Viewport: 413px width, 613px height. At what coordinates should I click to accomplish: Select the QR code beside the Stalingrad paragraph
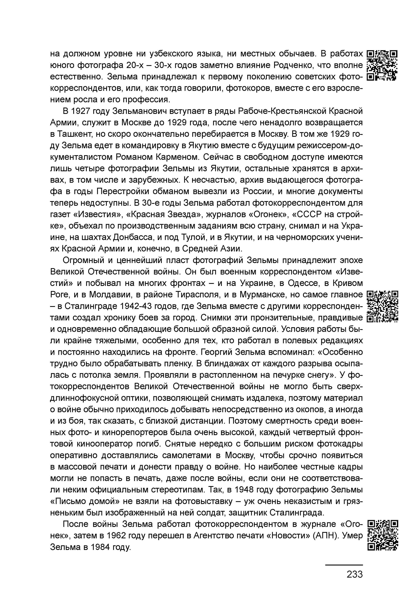tap(382, 306)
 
